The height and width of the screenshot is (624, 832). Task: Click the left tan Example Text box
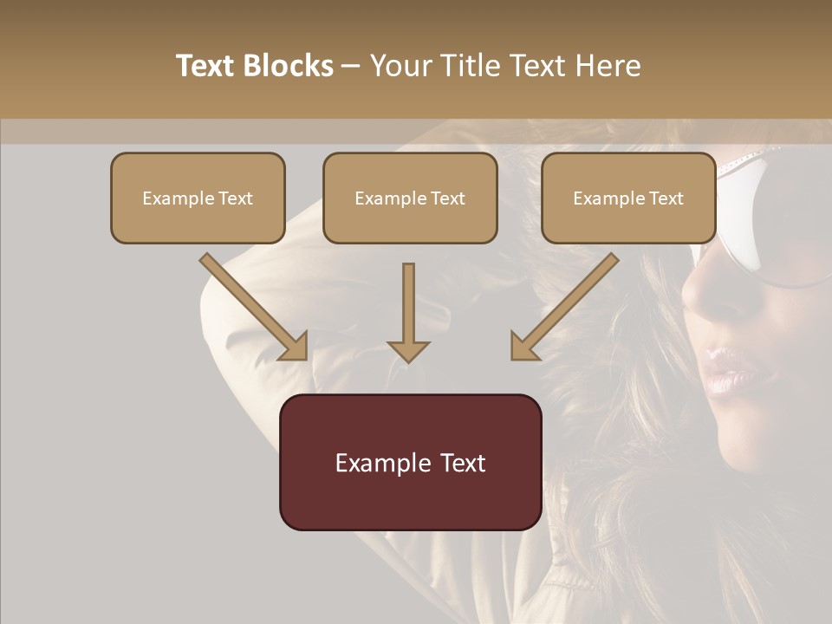coord(198,198)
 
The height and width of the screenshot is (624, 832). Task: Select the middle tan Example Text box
coord(410,198)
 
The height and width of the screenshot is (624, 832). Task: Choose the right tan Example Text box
coord(628,198)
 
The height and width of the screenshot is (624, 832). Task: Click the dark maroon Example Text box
coord(410,462)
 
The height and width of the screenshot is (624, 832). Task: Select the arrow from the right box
coord(564,307)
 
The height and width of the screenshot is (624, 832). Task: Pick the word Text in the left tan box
coord(236,198)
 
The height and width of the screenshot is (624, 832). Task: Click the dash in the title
coord(351,67)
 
